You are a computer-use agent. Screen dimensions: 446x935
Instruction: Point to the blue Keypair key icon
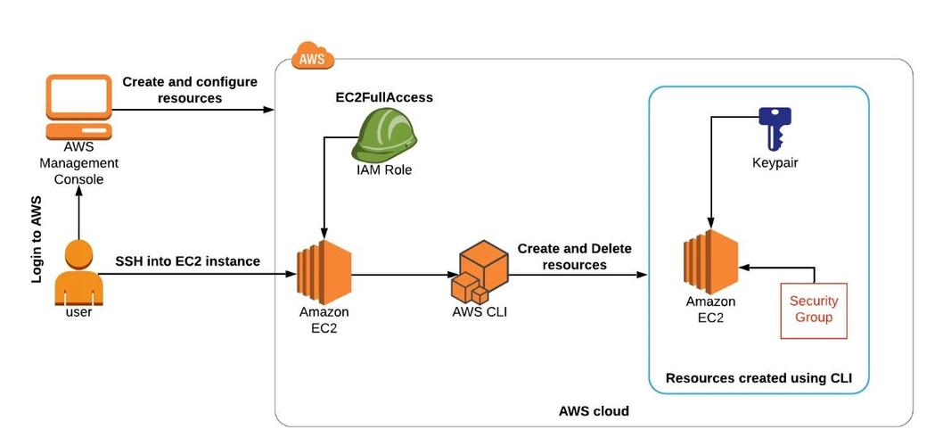tap(774, 128)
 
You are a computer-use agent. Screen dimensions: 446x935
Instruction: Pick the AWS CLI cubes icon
tap(480, 273)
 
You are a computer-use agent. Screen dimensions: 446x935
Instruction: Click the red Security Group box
tap(813, 310)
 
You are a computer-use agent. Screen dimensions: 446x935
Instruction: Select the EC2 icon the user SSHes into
tap(324, 271)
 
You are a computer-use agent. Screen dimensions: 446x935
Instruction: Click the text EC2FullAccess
tap(378, 97)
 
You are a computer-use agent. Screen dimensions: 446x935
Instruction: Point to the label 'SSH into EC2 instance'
tap(187, 261)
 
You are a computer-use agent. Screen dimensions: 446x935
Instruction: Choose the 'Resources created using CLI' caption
tap(759, 378)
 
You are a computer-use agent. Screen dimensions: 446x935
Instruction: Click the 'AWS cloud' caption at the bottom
tap(594, 411)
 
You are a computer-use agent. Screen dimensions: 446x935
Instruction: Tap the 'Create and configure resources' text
tap(190, 89)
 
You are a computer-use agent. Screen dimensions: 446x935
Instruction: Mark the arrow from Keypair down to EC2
tap(709, 169)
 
